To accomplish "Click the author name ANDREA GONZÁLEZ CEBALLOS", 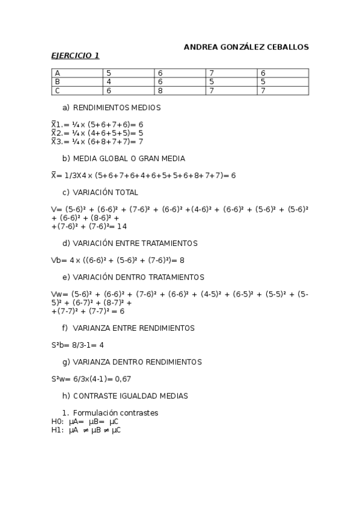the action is coord(246,47).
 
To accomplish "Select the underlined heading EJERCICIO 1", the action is coord(75,56).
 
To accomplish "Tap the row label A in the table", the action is coord(58,73).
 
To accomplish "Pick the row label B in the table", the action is coord(58,82).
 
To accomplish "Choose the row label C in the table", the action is coord(58,91).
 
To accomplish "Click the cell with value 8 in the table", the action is coord(160,91).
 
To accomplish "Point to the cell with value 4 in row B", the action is coord(109,82).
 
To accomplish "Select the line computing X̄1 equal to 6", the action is coord(97,124).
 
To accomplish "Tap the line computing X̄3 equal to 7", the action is coord(97,141).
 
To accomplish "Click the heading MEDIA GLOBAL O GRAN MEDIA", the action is coord(129,159).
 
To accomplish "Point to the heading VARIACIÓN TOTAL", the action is coord(105,192).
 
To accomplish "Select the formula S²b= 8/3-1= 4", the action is coord(78,345).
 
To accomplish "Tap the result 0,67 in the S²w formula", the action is coord(123,379).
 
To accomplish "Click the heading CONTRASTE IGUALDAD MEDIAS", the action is coord(130,396).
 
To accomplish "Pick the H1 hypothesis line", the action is coord(86,430).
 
